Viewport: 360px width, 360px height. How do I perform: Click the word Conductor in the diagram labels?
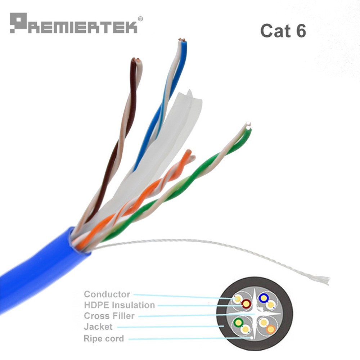pos(107,294)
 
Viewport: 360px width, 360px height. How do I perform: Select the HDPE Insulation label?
pos(119,305)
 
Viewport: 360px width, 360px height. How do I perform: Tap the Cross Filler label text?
pos(109,316)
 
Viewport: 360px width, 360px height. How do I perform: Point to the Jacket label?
pos(98,327)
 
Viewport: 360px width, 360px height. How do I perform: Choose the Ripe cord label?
pos(104,338)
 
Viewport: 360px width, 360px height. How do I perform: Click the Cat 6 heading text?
pos(283,31)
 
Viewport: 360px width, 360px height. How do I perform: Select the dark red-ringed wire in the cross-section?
pos(246,304)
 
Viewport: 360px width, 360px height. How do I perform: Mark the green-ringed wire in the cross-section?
pos(238,322)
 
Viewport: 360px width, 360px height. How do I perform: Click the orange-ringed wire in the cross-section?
pos(271,329)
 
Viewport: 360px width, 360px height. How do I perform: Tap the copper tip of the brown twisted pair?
pos(136,60)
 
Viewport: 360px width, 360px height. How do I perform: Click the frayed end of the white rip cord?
pos(324,279)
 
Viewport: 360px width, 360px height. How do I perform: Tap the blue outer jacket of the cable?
pos(36,274)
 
